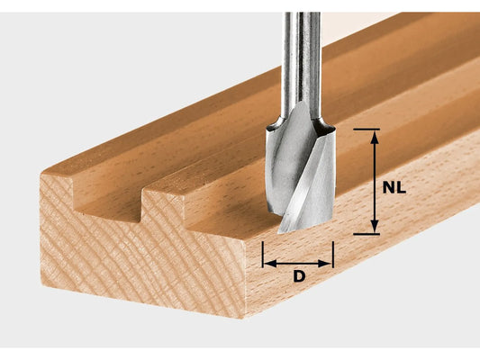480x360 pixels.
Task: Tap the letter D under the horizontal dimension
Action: (x=299, y=276)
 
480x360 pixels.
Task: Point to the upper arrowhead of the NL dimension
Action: (x=374, y=134)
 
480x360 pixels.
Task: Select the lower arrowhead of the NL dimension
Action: (x=374, y=229)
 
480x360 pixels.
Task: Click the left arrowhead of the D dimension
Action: (x=267, y=262)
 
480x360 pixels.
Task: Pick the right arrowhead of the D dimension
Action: (x=329, y=262)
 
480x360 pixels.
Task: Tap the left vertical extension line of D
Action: (x=262, y=255)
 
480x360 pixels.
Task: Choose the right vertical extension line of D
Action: (x=333, y=255)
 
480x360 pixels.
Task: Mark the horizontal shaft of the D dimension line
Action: (x=298, y=262)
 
